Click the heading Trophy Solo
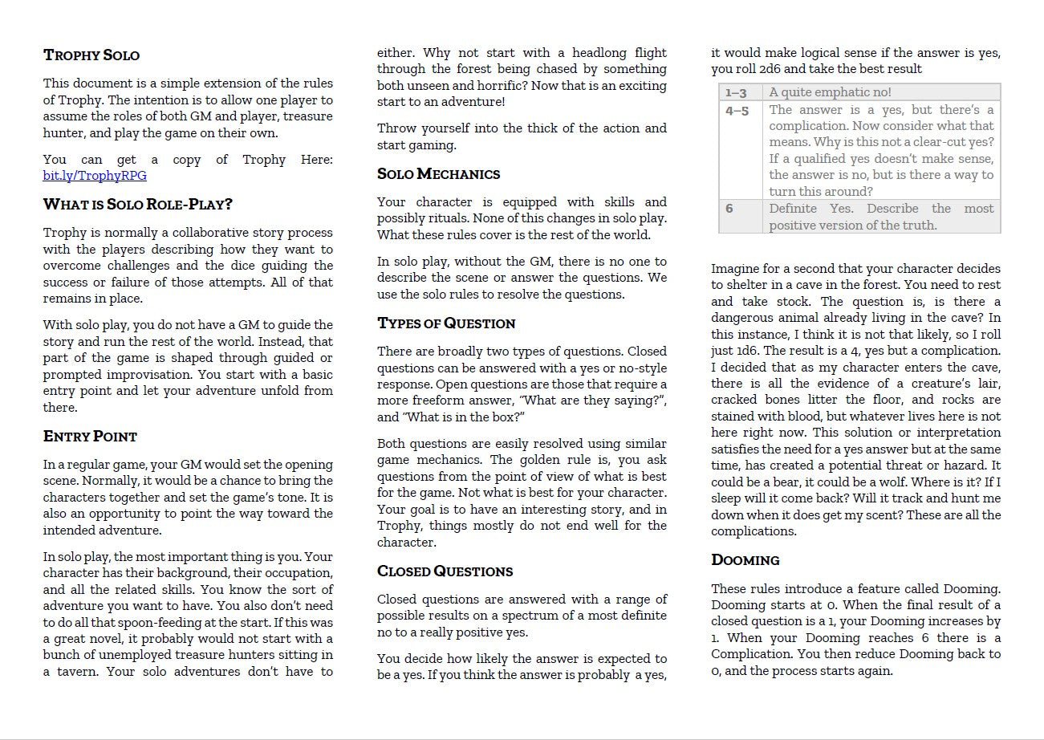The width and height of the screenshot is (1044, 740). [x=91, y=55]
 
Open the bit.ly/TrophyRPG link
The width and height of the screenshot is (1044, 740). [x=95, y=176]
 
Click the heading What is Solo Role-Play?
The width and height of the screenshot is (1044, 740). [x=137, y=205]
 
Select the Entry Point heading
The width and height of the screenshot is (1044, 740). [x=90, y=437]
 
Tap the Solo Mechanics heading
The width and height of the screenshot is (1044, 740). [x=438, y=174]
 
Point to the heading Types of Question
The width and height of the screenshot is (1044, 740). [x=446, y=323]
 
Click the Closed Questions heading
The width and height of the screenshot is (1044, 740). [x=445, y=571]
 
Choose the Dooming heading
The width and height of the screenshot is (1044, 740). [x=745, y=560]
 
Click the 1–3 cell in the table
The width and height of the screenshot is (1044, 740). [x=736, y=92]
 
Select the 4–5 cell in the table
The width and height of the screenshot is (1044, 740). [x=737, y=111]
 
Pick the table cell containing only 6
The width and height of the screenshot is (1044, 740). [x=729, y=209]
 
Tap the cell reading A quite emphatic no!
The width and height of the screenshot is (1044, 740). [x=830, y=92]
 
